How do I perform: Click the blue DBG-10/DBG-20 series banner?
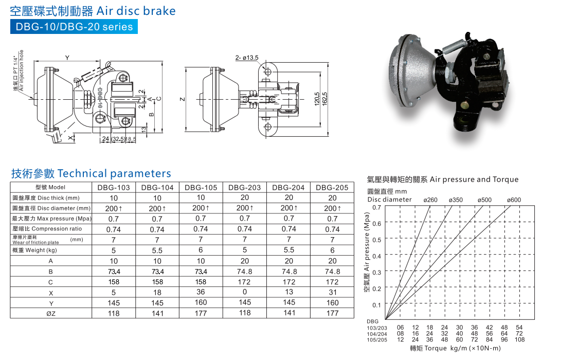[x=74, y=27]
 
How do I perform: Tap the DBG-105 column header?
[x=201, y=187]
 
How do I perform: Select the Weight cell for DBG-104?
[x=157, y=250]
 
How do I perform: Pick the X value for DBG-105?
[x=201, y=292]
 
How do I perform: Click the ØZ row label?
[x=51, y=314]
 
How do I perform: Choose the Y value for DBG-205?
[x=333, y=302]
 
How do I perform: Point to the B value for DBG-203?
[x=244, y=271]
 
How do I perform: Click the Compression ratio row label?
[x=47, y=228]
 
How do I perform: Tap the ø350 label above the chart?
[x=456, y=200]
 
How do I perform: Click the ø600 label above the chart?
[x=514, y=200]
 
